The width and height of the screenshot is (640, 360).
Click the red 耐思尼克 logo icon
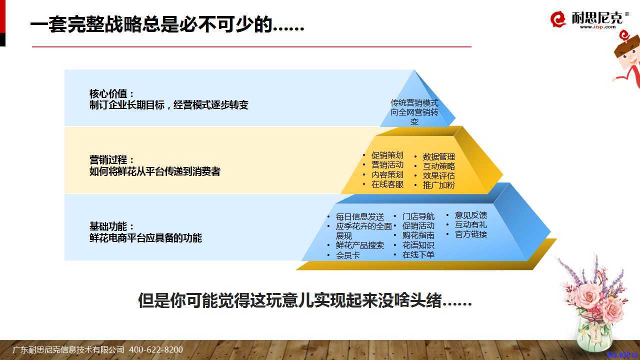click(558, 19)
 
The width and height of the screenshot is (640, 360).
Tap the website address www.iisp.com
click(597, 27)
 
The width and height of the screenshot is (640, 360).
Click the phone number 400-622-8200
click(156, 349)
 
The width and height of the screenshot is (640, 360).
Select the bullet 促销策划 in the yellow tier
click(387, 155)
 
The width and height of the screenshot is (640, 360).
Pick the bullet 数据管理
click(439, 156)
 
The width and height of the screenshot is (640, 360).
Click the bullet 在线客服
click(387, 184)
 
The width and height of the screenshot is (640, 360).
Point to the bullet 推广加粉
click(439, 185)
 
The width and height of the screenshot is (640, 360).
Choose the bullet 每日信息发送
click(359, 216)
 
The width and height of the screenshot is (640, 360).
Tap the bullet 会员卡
click(347, 255)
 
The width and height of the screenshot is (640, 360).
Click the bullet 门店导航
click(418, 216)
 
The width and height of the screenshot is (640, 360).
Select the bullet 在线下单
click(418, 254)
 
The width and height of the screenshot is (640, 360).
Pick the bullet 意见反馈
click(471, 215)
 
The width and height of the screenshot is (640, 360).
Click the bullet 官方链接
click(471, 234)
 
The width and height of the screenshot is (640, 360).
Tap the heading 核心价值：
click(111, 93)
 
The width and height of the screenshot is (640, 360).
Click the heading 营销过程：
click(111, 159)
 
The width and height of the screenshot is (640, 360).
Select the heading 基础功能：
click(111, 226)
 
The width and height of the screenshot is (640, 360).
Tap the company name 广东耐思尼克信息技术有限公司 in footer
click(68, 349)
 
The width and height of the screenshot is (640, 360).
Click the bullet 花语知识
click(418, 245)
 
